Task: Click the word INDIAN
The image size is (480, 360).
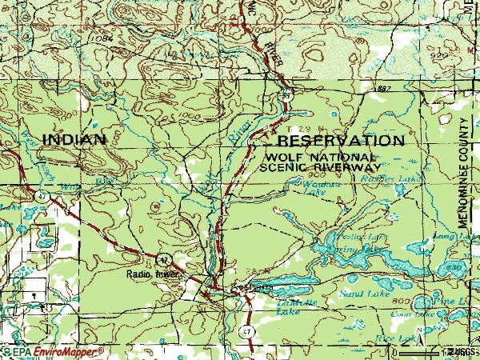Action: pos(74,138)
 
